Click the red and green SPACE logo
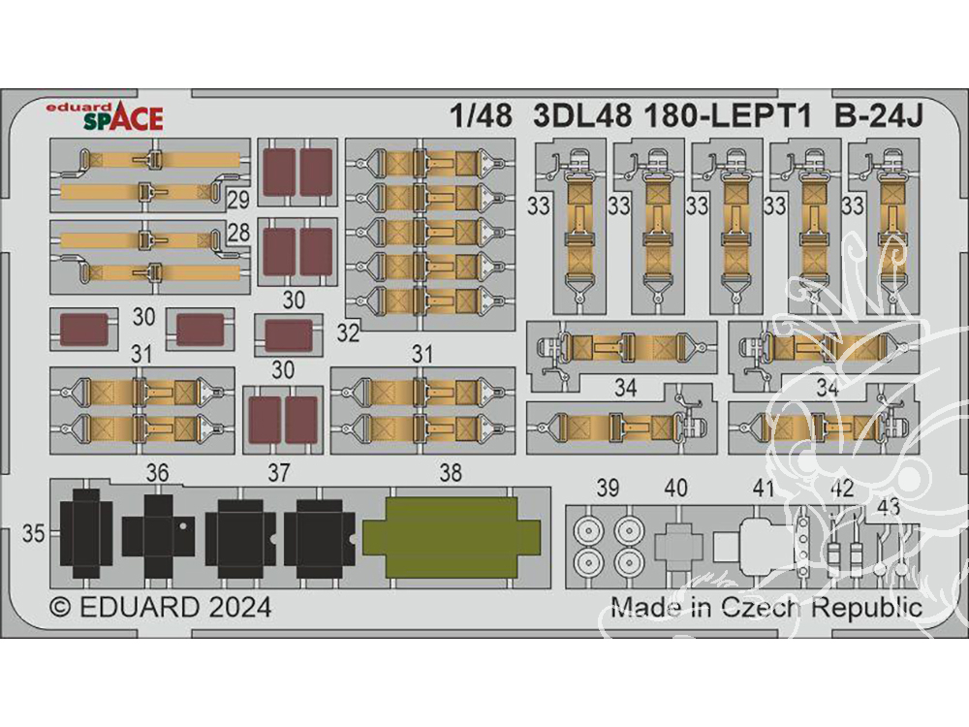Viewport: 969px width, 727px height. (124, 118)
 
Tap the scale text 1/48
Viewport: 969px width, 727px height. (482, 115)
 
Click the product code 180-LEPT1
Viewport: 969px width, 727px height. (727, 115)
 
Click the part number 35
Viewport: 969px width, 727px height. (33, 533)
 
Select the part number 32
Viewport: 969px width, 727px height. (348, 333)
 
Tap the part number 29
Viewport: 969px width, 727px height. (238, 201)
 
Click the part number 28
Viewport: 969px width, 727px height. (238, 233)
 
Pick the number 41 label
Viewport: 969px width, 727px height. (764, 489)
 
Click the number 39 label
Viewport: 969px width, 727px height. (609, 489)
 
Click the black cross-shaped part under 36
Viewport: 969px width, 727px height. (158, 535)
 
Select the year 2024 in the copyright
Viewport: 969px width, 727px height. (239, 608)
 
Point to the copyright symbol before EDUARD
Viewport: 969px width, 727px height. (60, 609)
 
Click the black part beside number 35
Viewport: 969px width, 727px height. (86, 533)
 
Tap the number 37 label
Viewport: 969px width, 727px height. (279, 474)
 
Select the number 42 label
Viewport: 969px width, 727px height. (842, 489)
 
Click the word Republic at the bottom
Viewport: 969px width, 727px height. (867, 609)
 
